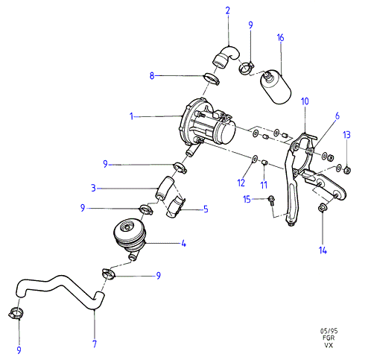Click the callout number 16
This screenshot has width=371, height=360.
pyautogui.click(x=280, y=38)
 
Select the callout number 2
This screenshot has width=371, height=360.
pyautogui.click(x=228, y=10)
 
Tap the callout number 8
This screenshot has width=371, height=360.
pyautogui.click(x=152, y=75)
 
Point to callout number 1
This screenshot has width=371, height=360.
pyautogui.click(x=132, y=116)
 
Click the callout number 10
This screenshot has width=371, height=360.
pyautogui.click(x=305, y=101)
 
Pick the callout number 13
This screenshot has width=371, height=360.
pyautogui.click(x=346, y=135)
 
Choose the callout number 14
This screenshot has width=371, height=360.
pyautogui.click(x=323, y=250)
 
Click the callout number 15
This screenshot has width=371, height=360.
pyautogui.click(x=247, y=199)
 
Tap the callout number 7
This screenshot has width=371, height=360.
pyautogui.click(x=95, y=344)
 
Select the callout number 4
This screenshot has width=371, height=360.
pyautogui.click(x=183, y=244)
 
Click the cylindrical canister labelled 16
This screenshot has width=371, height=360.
pyautogui.click(x=276, y=86)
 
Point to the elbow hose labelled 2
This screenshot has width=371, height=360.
pyautogui.click(x=226, y=57)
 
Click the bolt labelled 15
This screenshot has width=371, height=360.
pyautogui.click(x=271, y=200)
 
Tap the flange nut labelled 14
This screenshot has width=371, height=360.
pyautogui.click(x=322, y=208)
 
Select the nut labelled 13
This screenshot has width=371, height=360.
pyautogui.click(x=347, y=170)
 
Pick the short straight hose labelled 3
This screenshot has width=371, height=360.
pyautogui.click(x=165, y=189)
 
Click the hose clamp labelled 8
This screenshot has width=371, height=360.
pyautogui.click(x=212, y=78)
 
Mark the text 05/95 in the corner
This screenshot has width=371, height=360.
pyautogui.click(x=329, y=331)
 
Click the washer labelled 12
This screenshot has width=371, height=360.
pyautogui.click(x=255, y=158)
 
